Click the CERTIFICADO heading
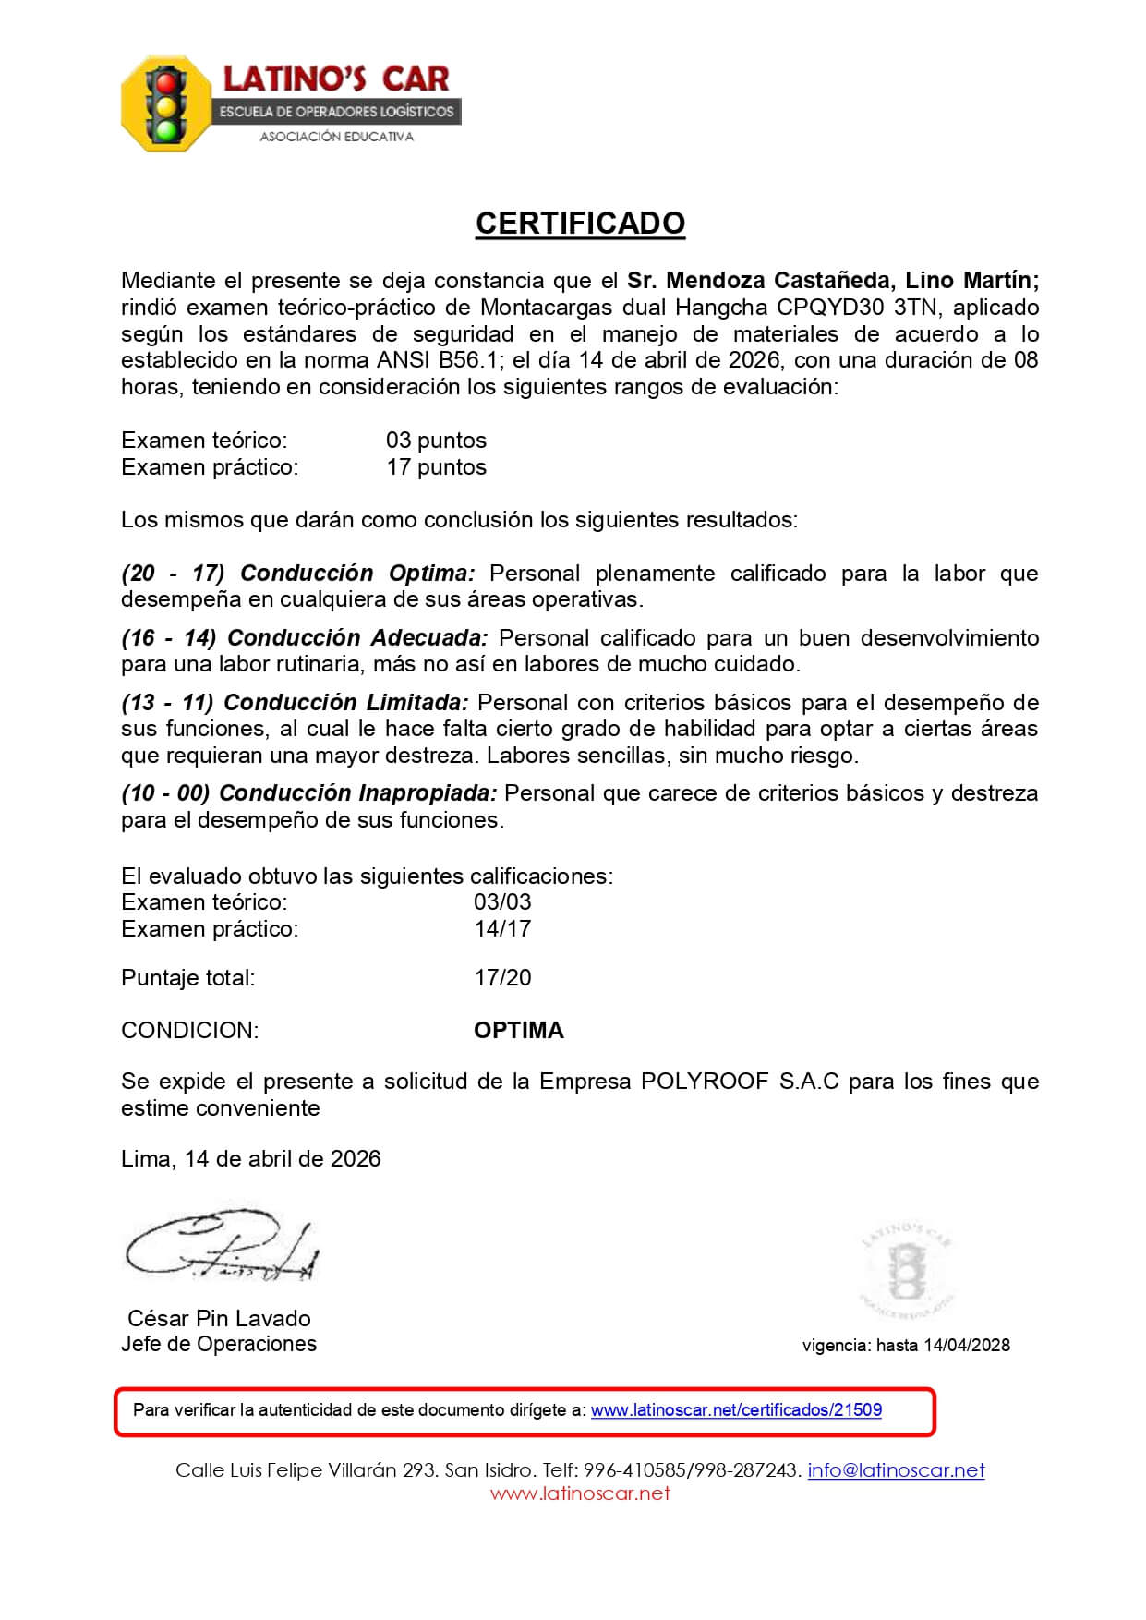580,224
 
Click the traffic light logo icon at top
166,104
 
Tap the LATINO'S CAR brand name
336,79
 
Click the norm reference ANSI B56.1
436,360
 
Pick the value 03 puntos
436,441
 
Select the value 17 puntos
436,467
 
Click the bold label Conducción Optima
357,574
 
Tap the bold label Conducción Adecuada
357,638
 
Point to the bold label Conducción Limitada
346,703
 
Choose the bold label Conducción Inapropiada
358,793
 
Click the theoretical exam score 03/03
502,902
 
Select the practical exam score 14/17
502,929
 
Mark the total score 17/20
502,978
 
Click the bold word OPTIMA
518,1031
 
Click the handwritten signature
222,1247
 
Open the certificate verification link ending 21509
736,1410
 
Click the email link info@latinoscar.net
896,1470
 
